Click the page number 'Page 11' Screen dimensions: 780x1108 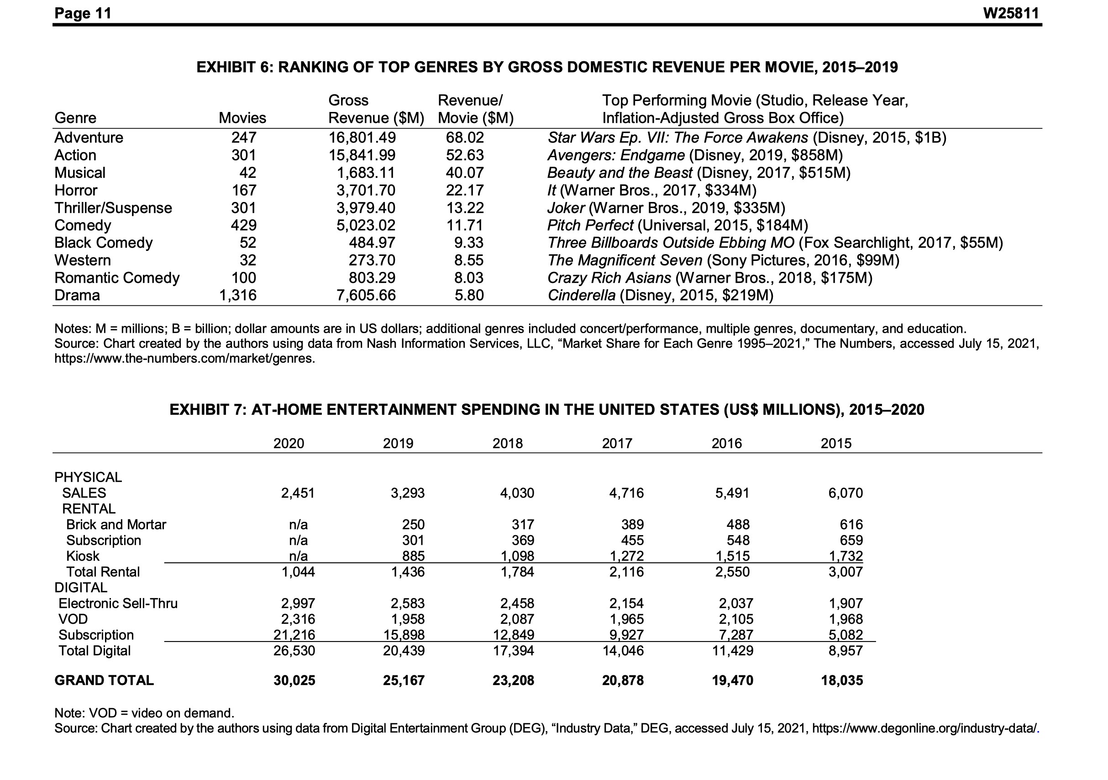coord(83,13)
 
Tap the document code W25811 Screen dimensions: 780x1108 coord(1011,13)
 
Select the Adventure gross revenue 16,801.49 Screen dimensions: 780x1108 coord(362,138)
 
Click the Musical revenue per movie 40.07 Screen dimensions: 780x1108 coord(464,173)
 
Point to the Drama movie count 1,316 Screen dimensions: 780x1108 coord(238,295)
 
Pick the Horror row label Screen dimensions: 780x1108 coord(76,190)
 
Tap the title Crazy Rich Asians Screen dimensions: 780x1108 coord(609,278)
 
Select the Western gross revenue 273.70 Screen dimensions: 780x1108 coord(372,260)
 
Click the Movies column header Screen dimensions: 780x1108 coord(242,118)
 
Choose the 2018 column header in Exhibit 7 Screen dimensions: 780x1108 coord(507,443)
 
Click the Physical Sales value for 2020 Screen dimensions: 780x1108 coord(298,493)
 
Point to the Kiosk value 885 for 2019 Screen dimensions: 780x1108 coord(414,557)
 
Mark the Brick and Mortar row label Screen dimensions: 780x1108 coord(116,525)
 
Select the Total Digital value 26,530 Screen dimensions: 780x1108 coord(294,651)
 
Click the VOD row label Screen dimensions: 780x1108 coord(73,619)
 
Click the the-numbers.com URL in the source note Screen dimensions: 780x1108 coord(184,359)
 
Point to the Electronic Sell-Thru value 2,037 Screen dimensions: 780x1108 coord(735,604)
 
